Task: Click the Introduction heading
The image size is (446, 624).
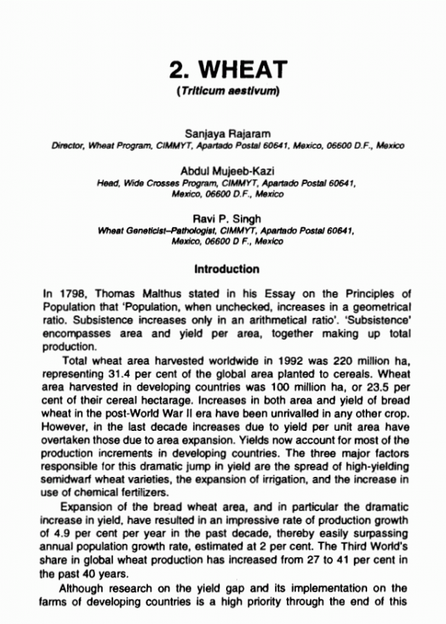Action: (x=227, y=269)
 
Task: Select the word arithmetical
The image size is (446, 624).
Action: (x=248, y=323)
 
